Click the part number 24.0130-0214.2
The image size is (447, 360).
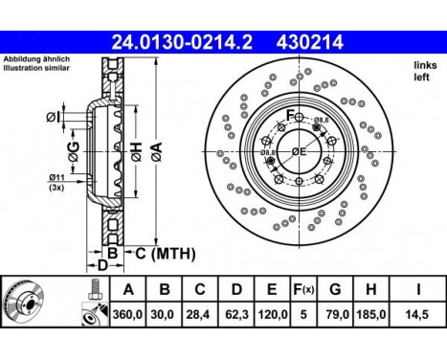point(182,42)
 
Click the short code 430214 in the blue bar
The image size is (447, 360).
point(310,42)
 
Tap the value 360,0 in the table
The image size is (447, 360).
point(127,315)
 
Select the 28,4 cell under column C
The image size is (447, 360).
point(199,315)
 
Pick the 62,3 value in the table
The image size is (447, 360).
point(236,315)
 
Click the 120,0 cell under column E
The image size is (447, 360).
point(272,315)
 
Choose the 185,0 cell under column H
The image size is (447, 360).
point(370,315)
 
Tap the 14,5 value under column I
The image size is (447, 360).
point(417,315)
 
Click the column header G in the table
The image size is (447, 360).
point(335,289)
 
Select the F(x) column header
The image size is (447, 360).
point(303,289)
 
